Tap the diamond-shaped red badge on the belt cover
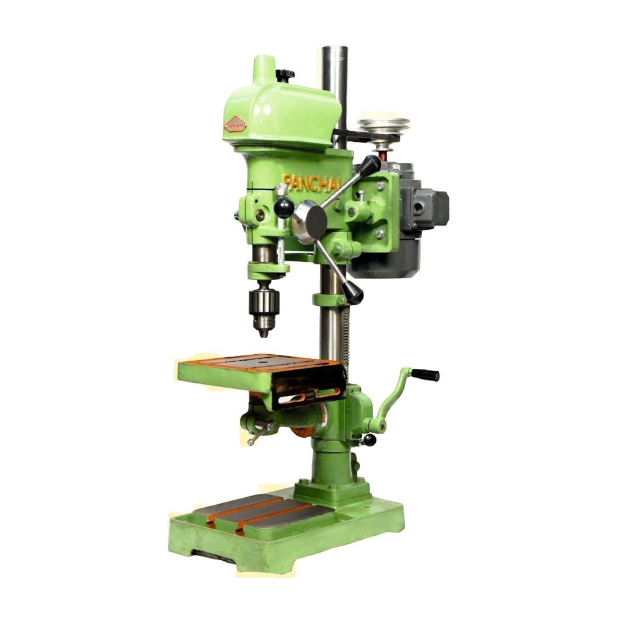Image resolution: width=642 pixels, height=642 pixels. pos(236,124)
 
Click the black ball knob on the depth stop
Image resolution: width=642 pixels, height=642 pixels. pos(284,207)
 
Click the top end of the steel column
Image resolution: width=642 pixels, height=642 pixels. pos(331,49)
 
